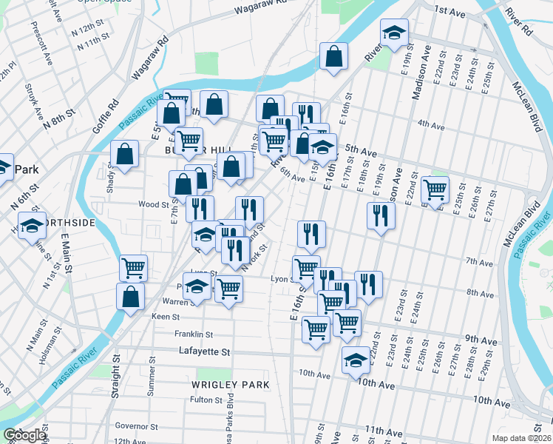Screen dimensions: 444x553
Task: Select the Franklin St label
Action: (x=194, y=334)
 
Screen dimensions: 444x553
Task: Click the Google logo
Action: (x=24, y=435)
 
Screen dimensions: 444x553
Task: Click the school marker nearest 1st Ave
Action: (x=394, y=33)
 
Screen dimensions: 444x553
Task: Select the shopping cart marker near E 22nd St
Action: (x=435, y=189)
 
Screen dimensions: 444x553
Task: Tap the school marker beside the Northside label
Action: (x=32, y=225)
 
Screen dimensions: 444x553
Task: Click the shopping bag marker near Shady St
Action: (x=125, y=154)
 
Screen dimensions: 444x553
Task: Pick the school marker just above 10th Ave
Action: (x=356, y=360)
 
